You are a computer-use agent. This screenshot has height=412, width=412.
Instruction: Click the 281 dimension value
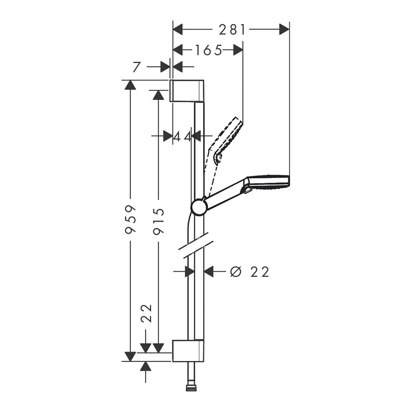click(232, 29)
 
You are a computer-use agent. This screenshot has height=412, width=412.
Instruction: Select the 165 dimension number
click(208, 50)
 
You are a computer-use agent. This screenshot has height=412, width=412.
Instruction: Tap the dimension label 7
click(137, 67)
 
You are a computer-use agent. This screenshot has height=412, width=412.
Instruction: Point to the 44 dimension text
click(182, 136)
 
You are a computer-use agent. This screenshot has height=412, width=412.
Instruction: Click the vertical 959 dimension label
click(131, 220)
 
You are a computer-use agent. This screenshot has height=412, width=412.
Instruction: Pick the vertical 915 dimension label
click(159, 221)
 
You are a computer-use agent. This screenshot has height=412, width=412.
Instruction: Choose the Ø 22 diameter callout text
click(249, 272)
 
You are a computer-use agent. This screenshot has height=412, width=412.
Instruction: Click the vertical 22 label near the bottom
click(147, 313)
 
